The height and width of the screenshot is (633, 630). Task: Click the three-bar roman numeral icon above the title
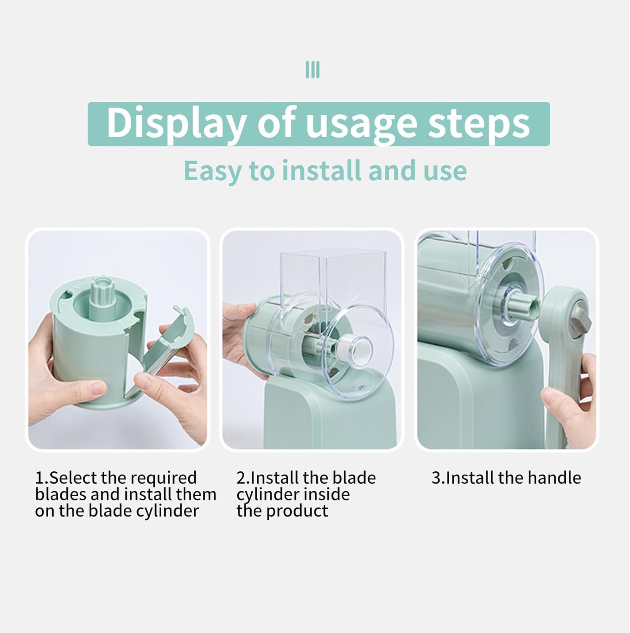click(312, 70)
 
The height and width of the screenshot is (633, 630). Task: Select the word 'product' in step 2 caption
click(297, 511)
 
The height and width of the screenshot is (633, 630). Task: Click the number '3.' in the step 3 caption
click(438, 478)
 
